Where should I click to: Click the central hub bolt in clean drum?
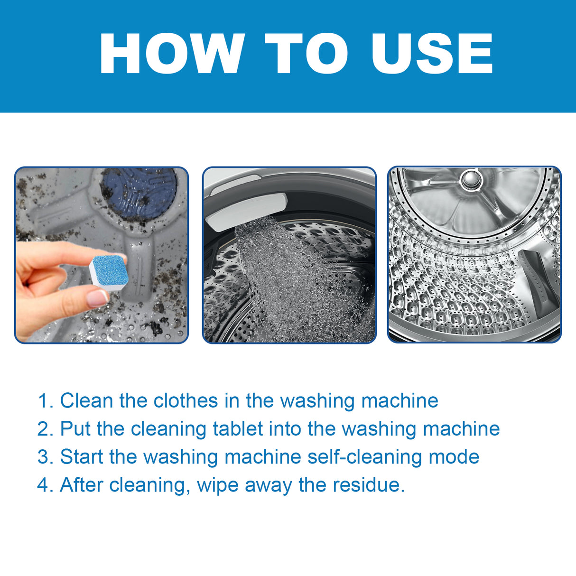point(472,179)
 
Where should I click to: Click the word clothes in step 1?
point(186,401)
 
